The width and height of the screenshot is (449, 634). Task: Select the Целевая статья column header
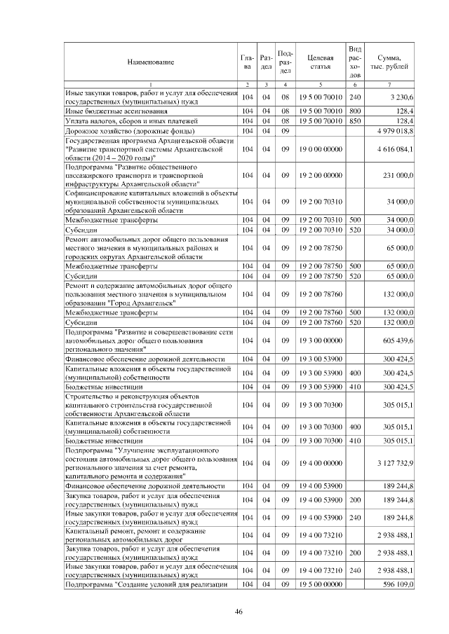320,62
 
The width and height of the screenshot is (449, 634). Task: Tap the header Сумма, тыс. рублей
389,62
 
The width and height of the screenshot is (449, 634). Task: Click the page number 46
238,612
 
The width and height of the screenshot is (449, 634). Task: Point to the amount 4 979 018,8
396,131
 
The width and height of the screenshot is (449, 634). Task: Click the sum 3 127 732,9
396,463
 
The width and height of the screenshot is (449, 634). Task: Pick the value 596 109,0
397,584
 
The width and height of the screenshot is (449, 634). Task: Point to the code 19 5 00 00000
320,584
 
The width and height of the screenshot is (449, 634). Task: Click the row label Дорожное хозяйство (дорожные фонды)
123,131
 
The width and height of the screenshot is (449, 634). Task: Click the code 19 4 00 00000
320,463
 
